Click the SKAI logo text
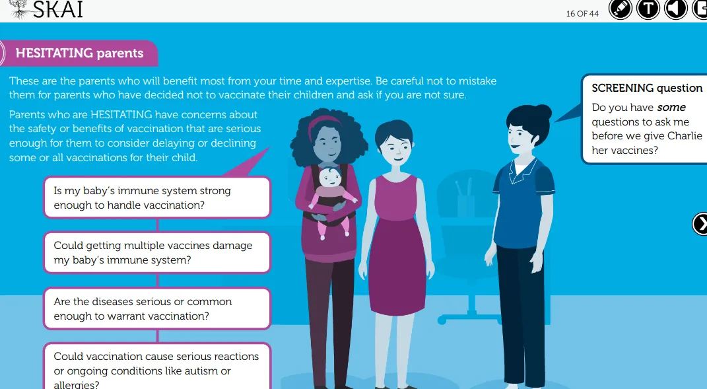coord(57,9)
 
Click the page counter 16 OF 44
coord(582,13)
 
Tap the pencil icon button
coord(621,9)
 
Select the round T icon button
coord(648,9)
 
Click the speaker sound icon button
coord(675,9)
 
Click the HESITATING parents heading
coord(79,53)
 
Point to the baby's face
coord(330,178)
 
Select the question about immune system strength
coord(157,197)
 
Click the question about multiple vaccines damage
coord(157,253)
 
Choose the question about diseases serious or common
coord(157,308)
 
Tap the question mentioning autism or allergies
coord(157,367)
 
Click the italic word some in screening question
coord(671,108)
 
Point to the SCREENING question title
coord(647,88)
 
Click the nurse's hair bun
coord(543,112)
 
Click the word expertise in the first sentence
coord(348,81)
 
